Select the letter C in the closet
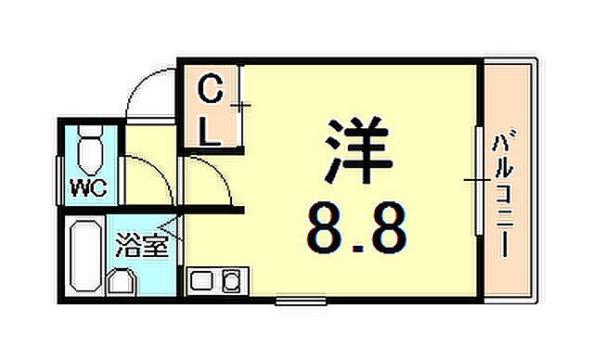coord(211,92)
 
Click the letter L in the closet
coord(211,130)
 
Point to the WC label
coord(89,189)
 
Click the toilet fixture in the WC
coord(90,149)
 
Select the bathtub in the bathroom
coord(86,256)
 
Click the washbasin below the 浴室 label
coord(123,280)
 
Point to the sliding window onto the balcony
coord(476,178)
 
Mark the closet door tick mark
coord(242,107)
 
